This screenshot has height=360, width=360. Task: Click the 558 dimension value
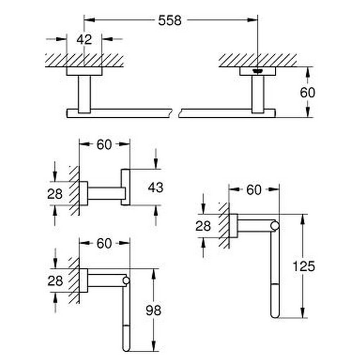(170, 21)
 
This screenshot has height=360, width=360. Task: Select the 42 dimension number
(84, 39)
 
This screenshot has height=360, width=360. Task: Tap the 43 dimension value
(156, 187)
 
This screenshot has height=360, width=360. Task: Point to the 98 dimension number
(153, 310)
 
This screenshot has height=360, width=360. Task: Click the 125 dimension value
(303, 266)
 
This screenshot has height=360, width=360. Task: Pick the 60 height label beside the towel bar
(307, 93)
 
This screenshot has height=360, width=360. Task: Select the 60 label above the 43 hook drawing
(104, 145)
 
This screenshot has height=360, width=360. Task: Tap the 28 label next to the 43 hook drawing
(55, 194)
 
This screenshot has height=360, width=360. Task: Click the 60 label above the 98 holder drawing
(104, 244)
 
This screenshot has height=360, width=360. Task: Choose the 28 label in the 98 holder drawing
(55, 280)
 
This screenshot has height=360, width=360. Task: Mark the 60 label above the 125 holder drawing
(254, 190)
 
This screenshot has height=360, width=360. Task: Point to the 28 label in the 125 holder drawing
(203, 226)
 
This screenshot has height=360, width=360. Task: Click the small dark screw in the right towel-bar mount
(257, 71)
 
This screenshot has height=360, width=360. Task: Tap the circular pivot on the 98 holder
(126, 280)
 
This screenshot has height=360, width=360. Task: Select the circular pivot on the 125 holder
(275, 226)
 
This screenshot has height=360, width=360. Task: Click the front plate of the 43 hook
(125, 187)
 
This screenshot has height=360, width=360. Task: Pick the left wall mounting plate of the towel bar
(84, 71)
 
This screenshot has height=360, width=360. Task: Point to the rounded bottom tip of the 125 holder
(275, 315)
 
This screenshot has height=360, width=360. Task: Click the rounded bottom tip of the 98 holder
(126, 348)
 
